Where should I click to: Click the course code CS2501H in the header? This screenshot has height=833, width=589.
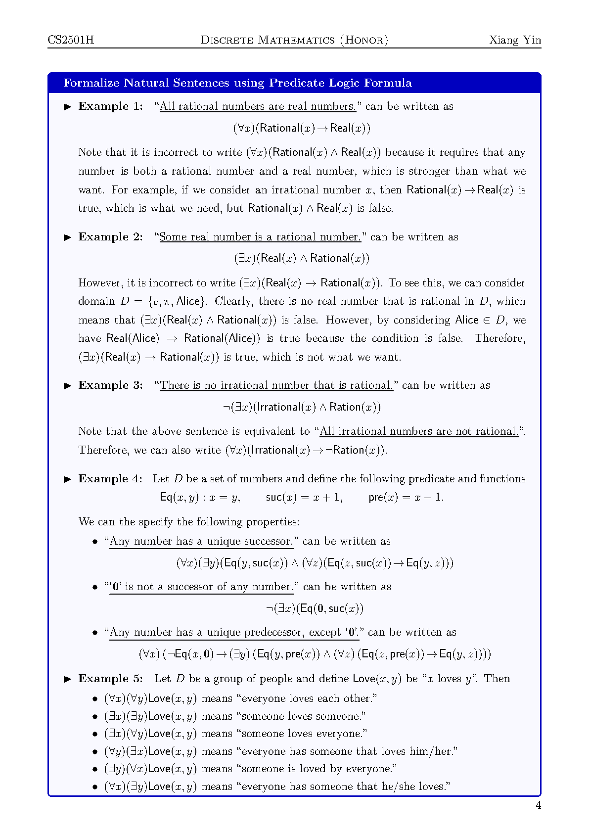click(71, 40)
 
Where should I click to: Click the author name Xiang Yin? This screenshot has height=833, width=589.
click(515, 40)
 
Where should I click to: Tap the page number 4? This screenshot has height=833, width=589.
click(538, 805)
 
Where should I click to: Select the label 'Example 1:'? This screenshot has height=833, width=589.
click(110, 106)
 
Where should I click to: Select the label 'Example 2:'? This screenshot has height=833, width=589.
click(110, 237)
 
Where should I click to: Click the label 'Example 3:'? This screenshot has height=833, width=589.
click(110, 385)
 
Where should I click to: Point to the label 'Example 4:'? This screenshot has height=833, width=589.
click(110, 479)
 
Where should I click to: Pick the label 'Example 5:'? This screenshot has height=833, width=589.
click(110, 679)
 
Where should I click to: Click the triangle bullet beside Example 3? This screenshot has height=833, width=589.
click(68, 386)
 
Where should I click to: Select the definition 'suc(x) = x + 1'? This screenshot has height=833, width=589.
click(304, 497)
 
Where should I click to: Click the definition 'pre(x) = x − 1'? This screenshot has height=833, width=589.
click(406, 497)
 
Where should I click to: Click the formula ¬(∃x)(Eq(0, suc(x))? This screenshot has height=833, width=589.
click(315, 608)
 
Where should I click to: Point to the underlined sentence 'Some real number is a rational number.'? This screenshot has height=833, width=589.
click(260, 237)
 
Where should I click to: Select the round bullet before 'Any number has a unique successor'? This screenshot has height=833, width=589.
click(95, 542)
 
